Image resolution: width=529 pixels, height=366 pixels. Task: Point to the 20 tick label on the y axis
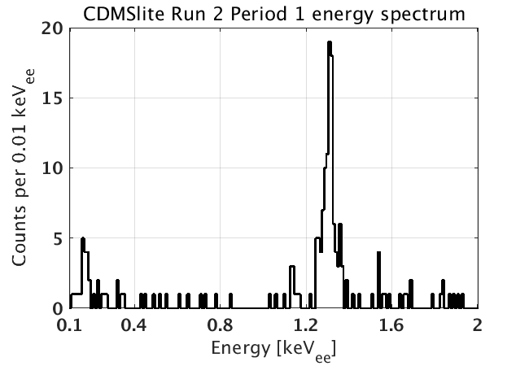click(50, 28)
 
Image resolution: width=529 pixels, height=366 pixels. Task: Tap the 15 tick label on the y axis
click(50, 98)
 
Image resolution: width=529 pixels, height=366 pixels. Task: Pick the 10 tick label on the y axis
click(50, 168)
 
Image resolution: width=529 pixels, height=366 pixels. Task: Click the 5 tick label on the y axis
click(55, 238)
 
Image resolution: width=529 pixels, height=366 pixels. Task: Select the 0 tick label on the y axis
click(55, 308)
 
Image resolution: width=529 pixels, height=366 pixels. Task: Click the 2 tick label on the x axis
click(477, 325)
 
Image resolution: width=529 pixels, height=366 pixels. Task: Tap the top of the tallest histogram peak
click(330, 42)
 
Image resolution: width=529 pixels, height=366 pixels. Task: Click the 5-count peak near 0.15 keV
click(83, 239)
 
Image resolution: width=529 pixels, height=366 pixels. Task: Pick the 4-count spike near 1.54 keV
click(378, 253)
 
